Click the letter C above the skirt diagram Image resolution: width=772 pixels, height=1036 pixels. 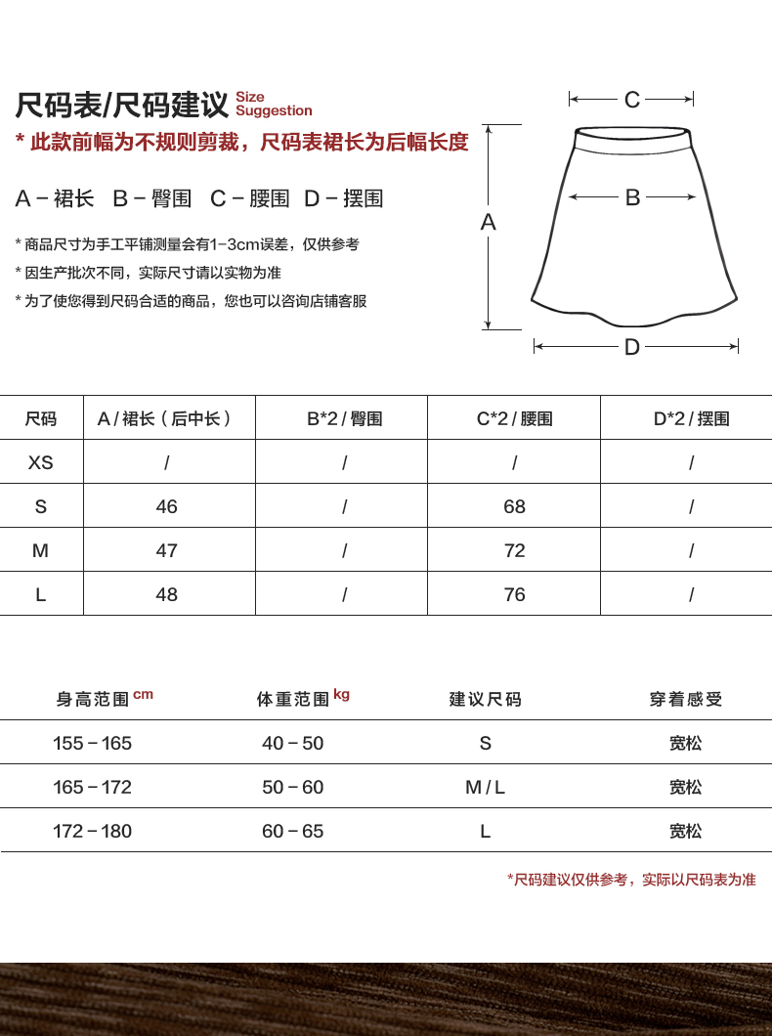pos(632,100)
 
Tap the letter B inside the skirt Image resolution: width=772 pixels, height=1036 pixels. pos(632,197)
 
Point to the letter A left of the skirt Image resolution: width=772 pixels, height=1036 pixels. pos(489,223)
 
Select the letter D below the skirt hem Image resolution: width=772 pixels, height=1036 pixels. pos(632,347)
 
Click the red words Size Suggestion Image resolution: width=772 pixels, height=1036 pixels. pos(274,105)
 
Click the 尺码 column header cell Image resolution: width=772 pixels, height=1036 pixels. pos(41,418)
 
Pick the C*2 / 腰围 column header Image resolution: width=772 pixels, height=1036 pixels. pos(514,418)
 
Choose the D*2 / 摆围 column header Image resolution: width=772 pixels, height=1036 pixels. pos(691,418)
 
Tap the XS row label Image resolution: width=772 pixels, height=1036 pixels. pos(41,462)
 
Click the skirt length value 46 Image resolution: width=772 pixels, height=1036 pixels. pos(167,506)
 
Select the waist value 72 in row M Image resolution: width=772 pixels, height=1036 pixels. pos(514,550)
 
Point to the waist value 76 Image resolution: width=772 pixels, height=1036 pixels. pos(514,594)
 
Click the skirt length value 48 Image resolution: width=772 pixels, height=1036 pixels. pos(167,594)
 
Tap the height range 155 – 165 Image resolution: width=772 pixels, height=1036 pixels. pos(92,743)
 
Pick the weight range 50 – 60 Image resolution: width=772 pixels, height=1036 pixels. pos(292,787)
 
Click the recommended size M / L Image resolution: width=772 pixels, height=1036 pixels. pos(485,787)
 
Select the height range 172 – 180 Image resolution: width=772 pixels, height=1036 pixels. pos(92,831)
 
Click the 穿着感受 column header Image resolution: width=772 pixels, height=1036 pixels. pos(686,700)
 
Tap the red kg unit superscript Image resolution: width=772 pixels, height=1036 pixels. pos(341,694)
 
